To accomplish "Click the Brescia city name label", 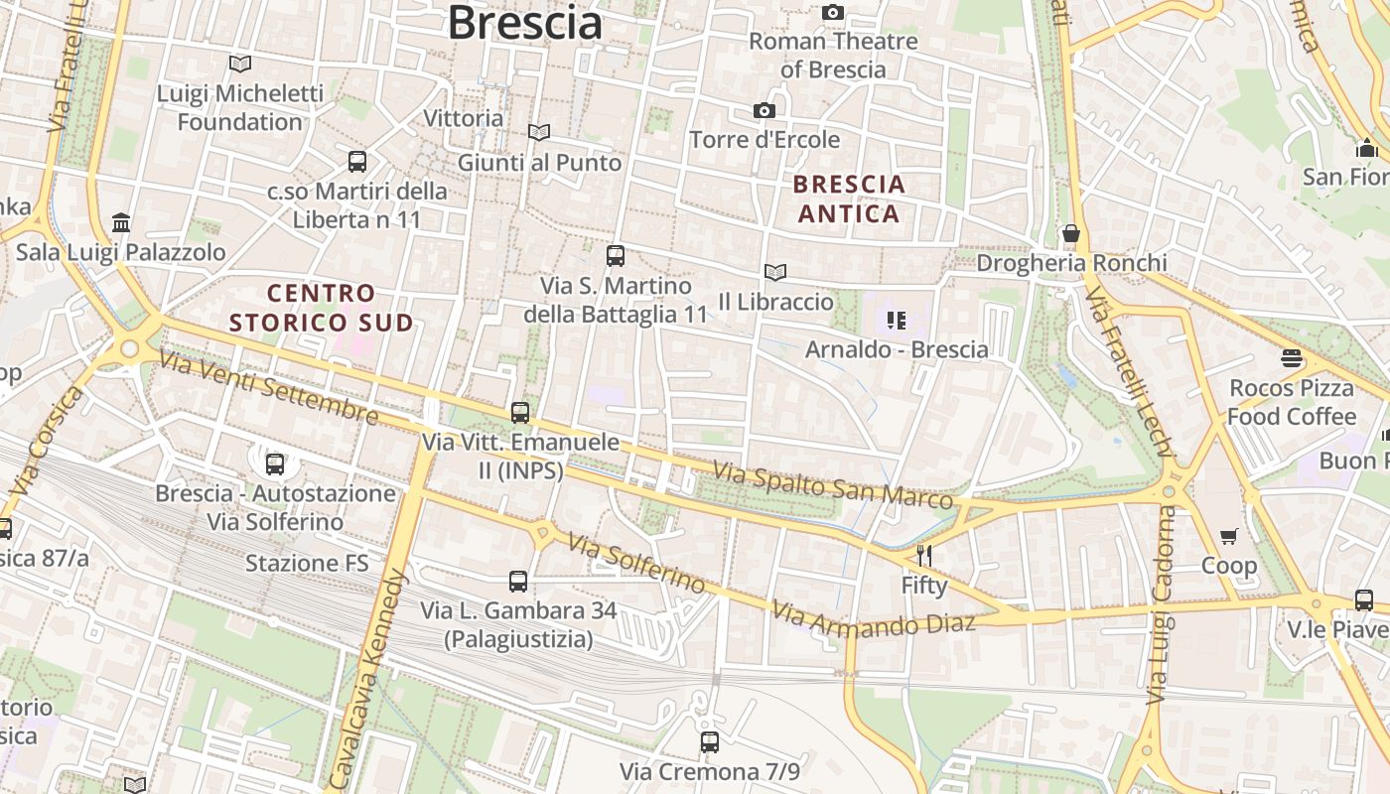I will [524, 22].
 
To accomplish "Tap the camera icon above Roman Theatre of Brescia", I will [833, 12].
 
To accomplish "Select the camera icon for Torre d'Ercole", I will [764, 110].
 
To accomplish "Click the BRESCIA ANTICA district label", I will [849, 198].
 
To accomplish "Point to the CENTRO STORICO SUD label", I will [321, 308].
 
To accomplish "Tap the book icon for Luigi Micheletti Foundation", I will [239, 65].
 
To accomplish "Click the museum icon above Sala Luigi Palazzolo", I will [121, 221].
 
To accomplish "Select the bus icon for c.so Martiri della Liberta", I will [357, 161].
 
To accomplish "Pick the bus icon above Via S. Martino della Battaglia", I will [616, 256].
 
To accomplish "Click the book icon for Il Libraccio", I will [775, 272].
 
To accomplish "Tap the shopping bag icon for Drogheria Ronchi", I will [1071, 234].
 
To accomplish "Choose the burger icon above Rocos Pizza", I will [1292, 358].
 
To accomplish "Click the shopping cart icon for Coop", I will [1229, 537].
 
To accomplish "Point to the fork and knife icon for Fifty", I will [924, 556].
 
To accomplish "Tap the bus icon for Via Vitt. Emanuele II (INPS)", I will [520, 413].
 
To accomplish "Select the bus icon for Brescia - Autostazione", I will [275, 463].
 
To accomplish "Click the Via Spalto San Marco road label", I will [834, 484].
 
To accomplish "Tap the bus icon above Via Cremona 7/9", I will [709, 741].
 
